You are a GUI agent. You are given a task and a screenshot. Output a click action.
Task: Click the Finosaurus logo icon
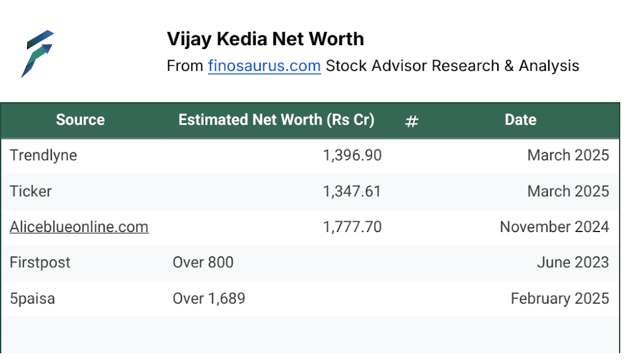point(37,53)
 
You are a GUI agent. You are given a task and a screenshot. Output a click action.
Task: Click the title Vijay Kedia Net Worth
point(265,40)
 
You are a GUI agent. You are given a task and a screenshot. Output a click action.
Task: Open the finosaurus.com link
point(265,66)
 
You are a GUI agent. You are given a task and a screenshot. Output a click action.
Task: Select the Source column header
point(80,120)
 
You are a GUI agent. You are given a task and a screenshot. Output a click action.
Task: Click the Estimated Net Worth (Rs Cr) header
point(277,120)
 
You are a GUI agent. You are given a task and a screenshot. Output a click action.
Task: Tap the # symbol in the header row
point(411,121)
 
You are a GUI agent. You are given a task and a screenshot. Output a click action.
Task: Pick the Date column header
point(520,120)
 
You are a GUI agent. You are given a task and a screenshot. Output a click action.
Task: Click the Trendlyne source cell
point(43,155)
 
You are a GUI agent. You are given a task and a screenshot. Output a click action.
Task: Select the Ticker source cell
point(31,191)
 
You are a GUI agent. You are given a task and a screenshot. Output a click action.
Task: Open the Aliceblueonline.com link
point(79,227)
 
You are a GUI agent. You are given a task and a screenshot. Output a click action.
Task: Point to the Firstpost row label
point(40,262)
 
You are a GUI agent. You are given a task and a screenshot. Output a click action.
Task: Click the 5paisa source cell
point(33,299)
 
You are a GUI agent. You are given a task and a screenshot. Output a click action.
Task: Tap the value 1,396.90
point(352,155)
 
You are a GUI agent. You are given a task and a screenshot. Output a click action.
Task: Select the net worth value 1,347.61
point(352,191)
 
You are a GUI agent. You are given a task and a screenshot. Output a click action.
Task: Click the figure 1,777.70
point(352,227)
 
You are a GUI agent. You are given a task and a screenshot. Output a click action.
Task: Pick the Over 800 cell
point(203,262)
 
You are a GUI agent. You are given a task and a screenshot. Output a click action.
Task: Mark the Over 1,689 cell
point(209,299)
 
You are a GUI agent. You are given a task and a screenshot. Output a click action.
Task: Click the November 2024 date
point(555,227)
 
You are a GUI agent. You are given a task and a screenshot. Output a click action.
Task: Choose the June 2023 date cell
point(573,262)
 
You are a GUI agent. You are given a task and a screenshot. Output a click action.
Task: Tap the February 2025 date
point(560,299)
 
